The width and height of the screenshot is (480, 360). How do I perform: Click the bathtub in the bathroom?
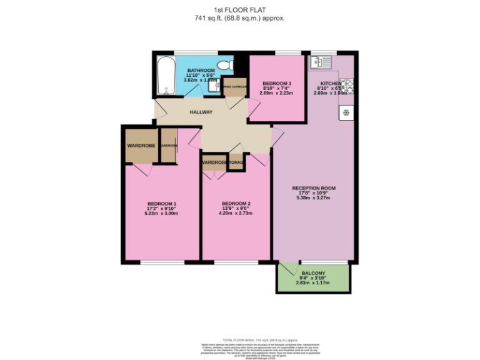coord(166,74)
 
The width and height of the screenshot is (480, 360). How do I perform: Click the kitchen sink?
coord(322,62)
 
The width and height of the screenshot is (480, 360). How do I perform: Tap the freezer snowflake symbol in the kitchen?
coord(346,113)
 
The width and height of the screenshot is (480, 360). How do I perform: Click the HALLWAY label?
coord(201,112)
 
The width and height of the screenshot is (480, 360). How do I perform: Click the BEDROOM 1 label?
coord(161,204)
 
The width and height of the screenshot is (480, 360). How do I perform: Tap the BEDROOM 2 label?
coord(236,204)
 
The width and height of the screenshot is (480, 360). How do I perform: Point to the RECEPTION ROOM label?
coord(314,188)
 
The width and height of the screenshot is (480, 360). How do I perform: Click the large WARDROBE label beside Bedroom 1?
coord(141,146)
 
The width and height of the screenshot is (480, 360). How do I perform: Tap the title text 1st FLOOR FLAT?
coord(239,10)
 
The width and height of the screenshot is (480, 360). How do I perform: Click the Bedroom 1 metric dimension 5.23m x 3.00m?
coord(161,214)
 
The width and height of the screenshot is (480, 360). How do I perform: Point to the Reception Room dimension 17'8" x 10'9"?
coord(314,193)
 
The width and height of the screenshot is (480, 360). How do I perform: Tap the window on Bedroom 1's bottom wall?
coord(157,262)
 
